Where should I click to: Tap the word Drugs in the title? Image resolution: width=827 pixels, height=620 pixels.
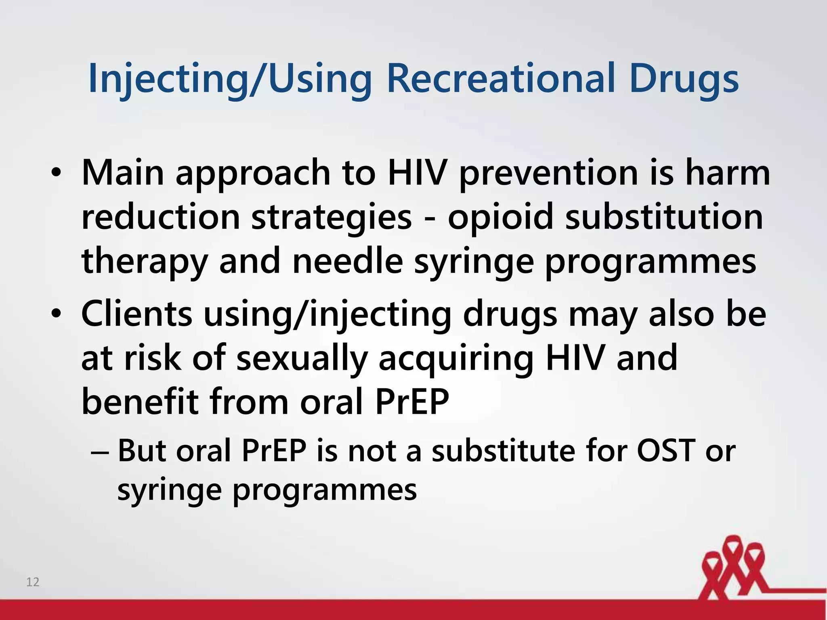point(684,80)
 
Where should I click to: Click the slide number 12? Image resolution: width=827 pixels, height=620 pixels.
point(33,582)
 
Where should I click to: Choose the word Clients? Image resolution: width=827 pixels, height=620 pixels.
point(136,314)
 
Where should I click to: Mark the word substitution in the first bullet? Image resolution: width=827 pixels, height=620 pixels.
point(664,217)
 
